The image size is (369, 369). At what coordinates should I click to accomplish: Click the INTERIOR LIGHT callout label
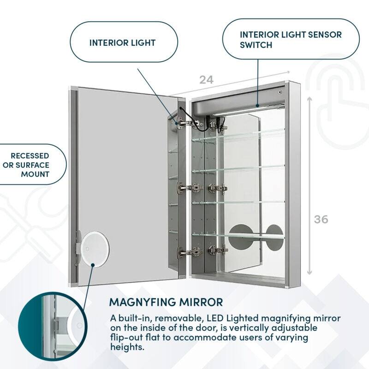122,43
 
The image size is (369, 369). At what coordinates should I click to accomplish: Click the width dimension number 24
206,79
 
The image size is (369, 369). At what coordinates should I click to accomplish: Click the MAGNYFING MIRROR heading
166,303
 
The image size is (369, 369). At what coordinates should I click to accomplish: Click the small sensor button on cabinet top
280,92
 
